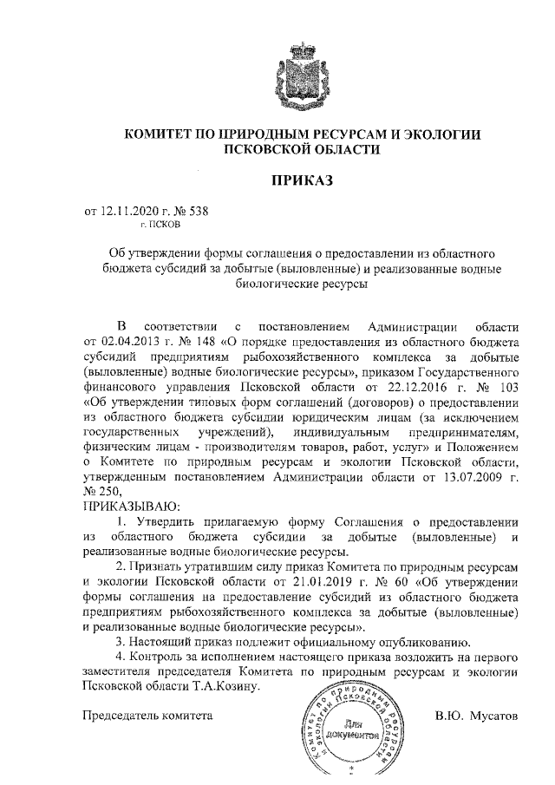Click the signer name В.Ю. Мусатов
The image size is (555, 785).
pos(475,716)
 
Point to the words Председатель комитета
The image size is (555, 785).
pos(147,716)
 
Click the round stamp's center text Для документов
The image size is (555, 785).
pos(350,727)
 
